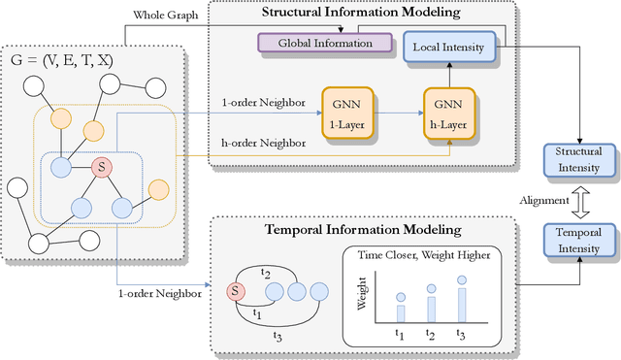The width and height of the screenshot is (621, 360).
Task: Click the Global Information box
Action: tap(324, 43)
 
